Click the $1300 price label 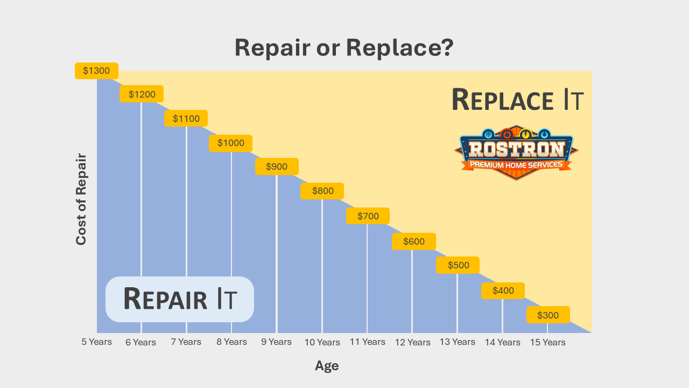[x=96, y=71]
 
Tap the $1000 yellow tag [x=231, y=143]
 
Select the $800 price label [x=322, y=191]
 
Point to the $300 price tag [x=548, y=315]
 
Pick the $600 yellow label [x=414, y=241]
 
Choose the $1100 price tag [x=186, y=118]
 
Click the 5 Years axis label [x=96, y=342]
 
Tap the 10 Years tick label [x=322, y=342]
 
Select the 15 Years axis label [x=548, y=342]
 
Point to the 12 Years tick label [x=412, y=342]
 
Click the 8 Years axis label [x=231, y=342]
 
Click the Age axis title [x=327, y=366]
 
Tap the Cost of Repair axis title [x=81, y=199]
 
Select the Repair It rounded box [x=180, y=299]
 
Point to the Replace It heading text [x=518, y=100]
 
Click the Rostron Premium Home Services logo [x=516, y=153]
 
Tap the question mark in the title [x=447, y=47]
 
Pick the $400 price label [x=503, y=290]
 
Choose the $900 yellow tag [x=277, y=167]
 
